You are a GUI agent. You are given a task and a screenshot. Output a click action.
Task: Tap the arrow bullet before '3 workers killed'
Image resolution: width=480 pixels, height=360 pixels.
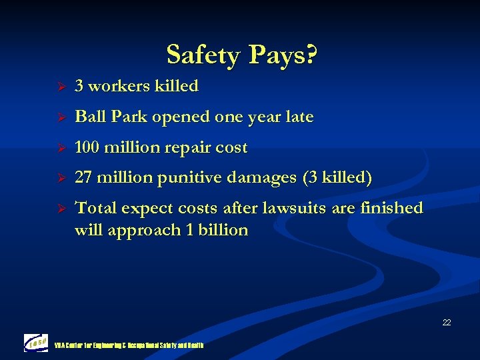pos(59,87)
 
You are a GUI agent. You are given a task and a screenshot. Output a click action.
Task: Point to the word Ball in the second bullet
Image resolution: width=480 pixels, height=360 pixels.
pos(89,117)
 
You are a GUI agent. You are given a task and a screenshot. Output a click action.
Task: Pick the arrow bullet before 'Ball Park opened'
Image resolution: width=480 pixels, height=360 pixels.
pos(59,117)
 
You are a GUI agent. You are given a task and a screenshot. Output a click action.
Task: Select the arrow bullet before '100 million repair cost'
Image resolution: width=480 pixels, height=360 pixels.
pos(59,148)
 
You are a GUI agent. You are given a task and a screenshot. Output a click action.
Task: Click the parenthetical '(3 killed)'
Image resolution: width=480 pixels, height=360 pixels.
pos(337,178)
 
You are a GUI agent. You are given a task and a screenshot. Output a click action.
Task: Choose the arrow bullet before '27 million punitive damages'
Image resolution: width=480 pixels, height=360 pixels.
pos(59,179)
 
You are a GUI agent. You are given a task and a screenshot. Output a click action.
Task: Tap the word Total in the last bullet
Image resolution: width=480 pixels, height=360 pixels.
pos(94,208)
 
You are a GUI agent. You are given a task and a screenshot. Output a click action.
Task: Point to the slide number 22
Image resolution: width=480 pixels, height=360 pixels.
pos(446,323)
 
